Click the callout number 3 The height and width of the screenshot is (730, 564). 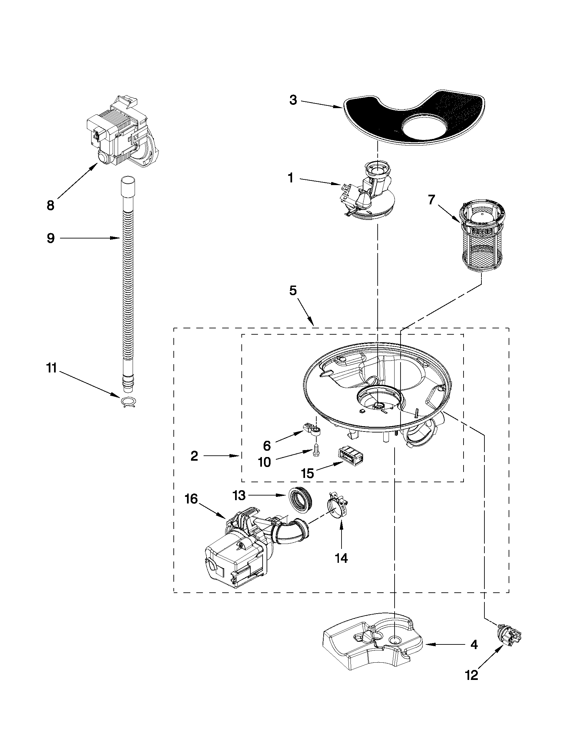tap(293, 100)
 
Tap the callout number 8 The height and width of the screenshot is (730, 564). tap(50, 206)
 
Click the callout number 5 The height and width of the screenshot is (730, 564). tap(293, 291)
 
